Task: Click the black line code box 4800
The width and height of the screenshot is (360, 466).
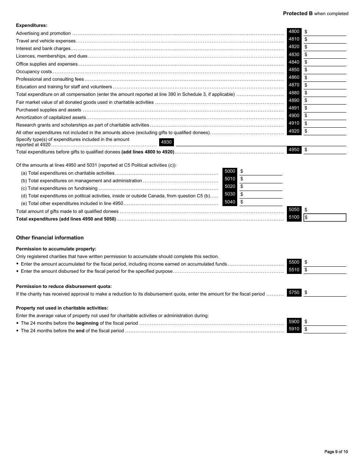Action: (x=294, y=32)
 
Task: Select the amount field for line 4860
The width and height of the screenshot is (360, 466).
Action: (x=325, y=78)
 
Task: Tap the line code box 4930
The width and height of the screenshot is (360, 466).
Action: (x=166, y=142)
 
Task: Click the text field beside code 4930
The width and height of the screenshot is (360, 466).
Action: (x=261, y=142)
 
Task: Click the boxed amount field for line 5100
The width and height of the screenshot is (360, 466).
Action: (x=325, y=217)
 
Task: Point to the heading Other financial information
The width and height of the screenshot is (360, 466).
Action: (x=50, y=238)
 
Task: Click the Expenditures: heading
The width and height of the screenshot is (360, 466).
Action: (x=31, y=25)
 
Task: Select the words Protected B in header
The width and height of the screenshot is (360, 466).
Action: (x=298, y=14)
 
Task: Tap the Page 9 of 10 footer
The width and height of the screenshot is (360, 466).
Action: (x=336, y=452)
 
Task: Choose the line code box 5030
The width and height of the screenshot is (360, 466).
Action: (x=230, y=194)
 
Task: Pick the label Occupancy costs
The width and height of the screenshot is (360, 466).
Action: (x=34, y=72)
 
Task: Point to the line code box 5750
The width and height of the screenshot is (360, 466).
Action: (x=294, y=292)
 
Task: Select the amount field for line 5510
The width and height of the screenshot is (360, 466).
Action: (x=325, y=270)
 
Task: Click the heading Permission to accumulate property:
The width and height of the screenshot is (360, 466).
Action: (x=56, y=249)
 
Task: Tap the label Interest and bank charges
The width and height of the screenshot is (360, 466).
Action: (x=43, y=48)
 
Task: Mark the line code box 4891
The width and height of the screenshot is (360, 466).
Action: (x=294, y=108)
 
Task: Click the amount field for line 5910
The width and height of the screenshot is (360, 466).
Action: (x=325, y=329)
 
